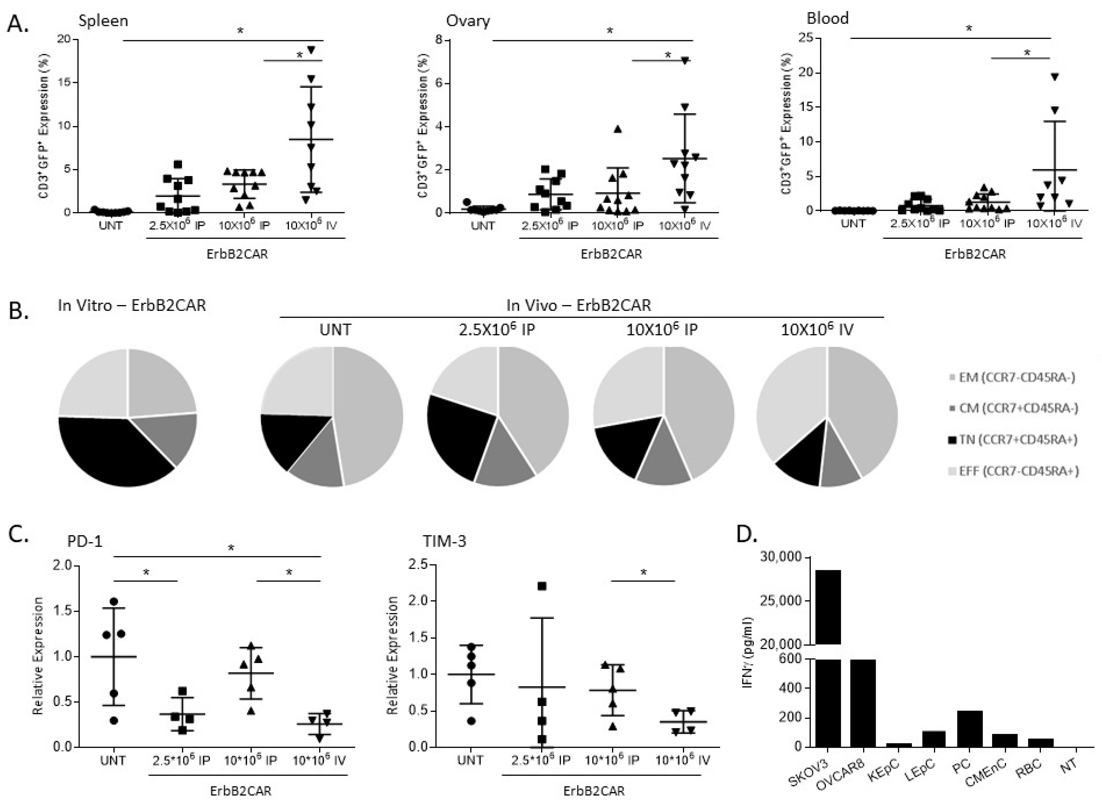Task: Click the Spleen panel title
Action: (x=103, y=21)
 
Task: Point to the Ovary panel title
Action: (x=468, y=21)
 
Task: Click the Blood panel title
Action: (x=828, y=18)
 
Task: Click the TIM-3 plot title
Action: (x=444, y=541)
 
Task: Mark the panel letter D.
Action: (x=747, y=534)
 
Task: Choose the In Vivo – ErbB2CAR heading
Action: (x=578, y=305)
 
